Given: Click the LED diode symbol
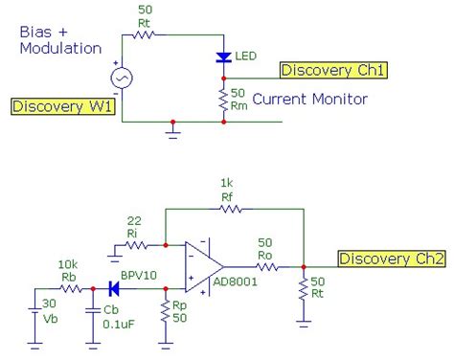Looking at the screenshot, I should point(223,58).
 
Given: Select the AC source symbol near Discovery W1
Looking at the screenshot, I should point(123,78).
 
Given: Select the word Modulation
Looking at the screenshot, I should point(59,48).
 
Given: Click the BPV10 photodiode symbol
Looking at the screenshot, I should point(114,287).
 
